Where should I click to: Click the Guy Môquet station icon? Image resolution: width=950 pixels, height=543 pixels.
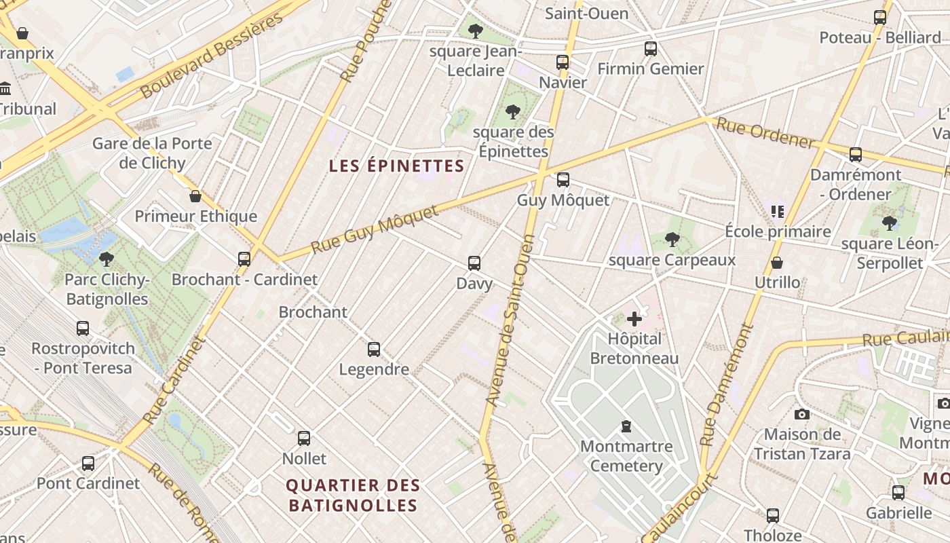click(x=563, y=180)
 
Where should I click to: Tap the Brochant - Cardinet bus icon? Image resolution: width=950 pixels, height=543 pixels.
click(x=244, y=259)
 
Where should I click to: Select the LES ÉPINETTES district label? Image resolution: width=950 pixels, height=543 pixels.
click(x=396, y=166)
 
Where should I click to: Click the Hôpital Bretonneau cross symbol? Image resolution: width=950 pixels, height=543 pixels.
click(x=634, y=319)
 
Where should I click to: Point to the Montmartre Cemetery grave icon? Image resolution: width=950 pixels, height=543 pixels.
click(x=626, y=426)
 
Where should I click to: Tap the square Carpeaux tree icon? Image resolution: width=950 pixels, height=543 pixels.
click(x=672, y=240)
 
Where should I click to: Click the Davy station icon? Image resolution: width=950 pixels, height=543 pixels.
click(x=474, y=263)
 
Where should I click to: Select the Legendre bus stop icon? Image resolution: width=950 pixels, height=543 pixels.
click(x=374, y=350)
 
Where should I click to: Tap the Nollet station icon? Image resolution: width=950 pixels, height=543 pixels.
click(x=304, y=438)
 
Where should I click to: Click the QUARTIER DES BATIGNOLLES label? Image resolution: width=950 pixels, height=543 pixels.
click(x=353, y=495)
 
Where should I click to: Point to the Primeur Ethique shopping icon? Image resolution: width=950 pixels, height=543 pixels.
click(x=195, y=197)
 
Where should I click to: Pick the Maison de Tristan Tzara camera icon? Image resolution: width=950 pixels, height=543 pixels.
click(x=802, y=414)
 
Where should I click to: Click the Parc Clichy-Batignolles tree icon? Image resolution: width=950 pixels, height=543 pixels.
click(x=107, y=259)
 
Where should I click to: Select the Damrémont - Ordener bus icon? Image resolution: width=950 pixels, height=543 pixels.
click(x=855, y=155)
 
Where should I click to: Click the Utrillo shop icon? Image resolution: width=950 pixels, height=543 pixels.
click(x=777, y=263)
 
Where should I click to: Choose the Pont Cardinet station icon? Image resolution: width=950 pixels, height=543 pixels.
click(x=88, y=464)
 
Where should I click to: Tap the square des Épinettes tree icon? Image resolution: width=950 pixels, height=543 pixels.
click(x=513, y=112)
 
